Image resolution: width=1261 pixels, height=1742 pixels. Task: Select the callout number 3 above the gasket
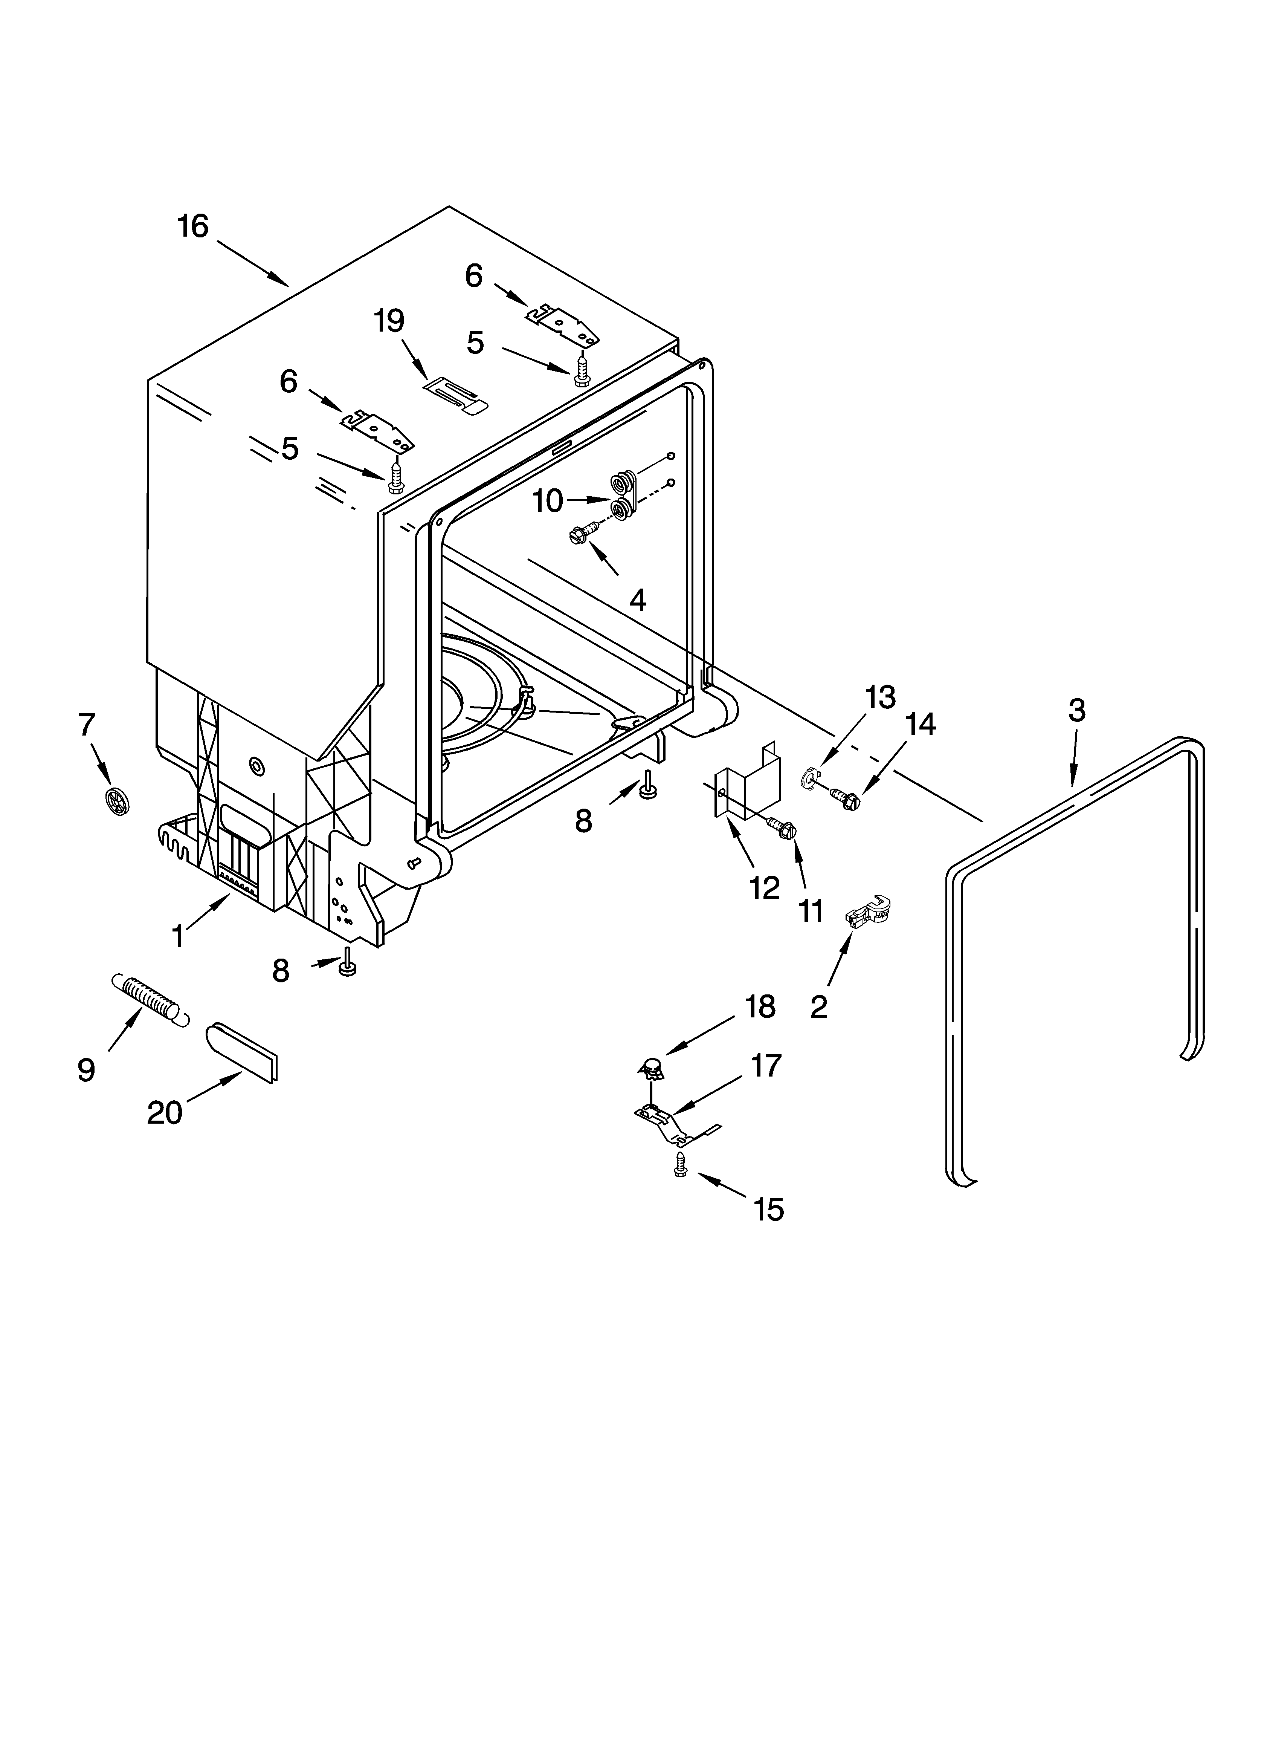1077,710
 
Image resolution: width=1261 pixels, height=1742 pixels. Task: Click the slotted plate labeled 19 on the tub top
455,396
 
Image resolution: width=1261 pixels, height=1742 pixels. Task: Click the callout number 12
764,888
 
